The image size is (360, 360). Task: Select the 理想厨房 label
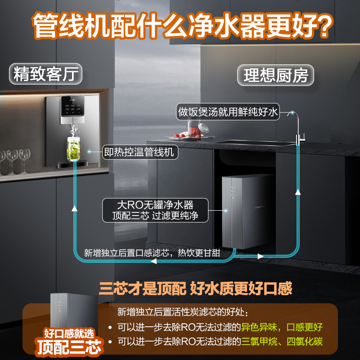[276, 75]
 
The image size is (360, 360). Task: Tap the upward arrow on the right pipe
[297, 192]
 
